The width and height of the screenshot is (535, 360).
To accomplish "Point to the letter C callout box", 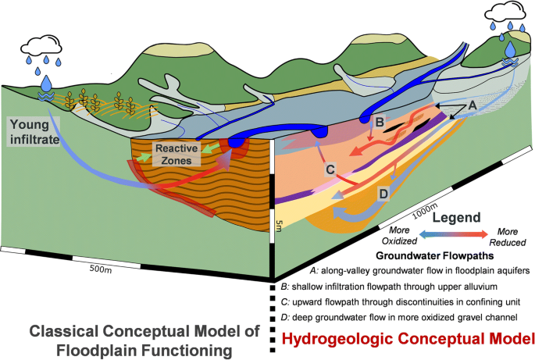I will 330,168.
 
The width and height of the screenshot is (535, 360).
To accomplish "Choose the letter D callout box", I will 383,193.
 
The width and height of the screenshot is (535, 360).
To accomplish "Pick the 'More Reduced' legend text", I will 508,237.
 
